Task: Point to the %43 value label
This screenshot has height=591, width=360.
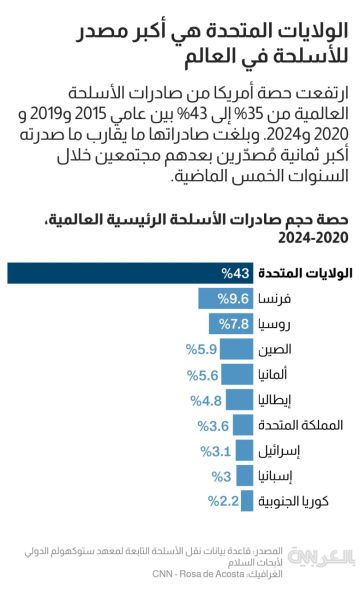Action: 234,273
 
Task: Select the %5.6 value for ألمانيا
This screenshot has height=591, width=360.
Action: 205,374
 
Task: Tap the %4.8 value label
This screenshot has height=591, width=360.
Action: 208,399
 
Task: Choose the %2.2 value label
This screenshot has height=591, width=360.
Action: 223,501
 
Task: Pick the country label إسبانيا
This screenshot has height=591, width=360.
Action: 281,476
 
